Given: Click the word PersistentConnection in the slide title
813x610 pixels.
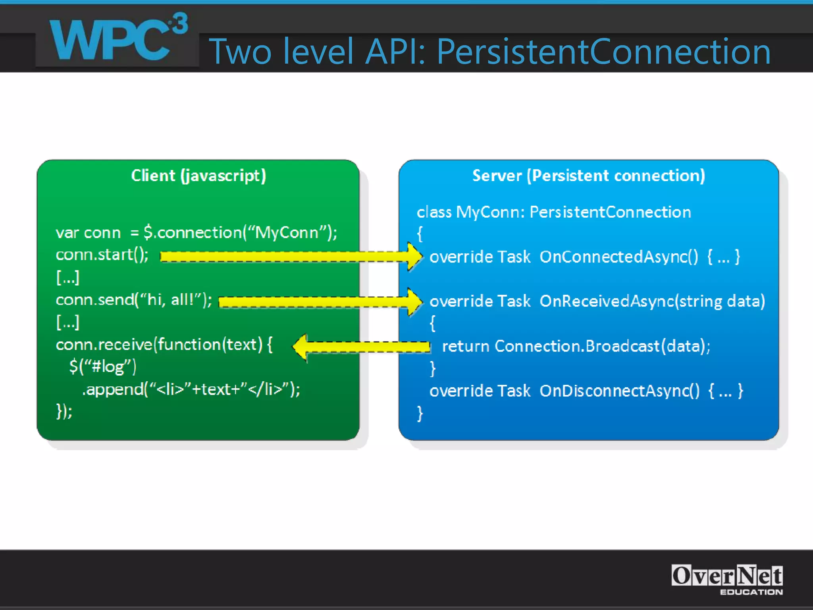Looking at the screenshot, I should click(x=603, y=52).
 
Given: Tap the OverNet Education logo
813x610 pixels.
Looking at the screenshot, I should click(x=726, y=579).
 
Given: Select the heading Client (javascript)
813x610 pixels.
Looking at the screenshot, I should click(x=198, y=176).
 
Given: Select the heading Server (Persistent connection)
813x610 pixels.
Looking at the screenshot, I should click(x=588, y=176).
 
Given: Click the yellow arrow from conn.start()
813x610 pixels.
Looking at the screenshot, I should click(x=290, y=257).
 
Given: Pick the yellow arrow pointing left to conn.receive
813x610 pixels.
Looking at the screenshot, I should click(x=361, y=347).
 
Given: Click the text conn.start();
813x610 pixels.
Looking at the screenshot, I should click(x=102, y=255).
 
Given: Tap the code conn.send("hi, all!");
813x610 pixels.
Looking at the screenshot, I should click(x=134, y=300).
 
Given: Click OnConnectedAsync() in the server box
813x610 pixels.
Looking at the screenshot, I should click(x=618, y=257).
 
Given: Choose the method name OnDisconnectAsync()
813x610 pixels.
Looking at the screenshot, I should click(x=619, y=391).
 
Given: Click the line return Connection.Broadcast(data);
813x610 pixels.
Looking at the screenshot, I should click(x=576, y=346).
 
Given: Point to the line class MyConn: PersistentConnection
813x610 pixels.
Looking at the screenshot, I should click(x=553, y=212).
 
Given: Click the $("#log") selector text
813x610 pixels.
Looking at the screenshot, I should click(x=102, y=366).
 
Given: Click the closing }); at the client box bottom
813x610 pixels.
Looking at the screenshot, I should click(x=64, y=411).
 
